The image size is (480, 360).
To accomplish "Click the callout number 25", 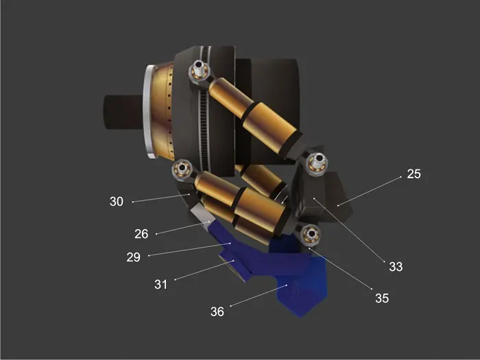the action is [x=414, y=174].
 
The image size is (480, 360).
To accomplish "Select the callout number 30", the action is [x=117, y=202].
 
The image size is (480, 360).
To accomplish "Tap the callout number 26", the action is [x=141, y=234].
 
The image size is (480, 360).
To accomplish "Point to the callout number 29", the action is [x=133, y=257].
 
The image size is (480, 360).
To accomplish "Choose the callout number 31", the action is [x=160, y=285].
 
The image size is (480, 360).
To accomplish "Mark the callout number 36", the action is [x=217, y=311].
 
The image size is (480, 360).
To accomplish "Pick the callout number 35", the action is [x=382, y=298].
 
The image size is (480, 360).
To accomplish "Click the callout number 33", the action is [x=396, y=267].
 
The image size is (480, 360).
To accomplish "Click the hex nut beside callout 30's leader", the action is [x=182, y=169].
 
